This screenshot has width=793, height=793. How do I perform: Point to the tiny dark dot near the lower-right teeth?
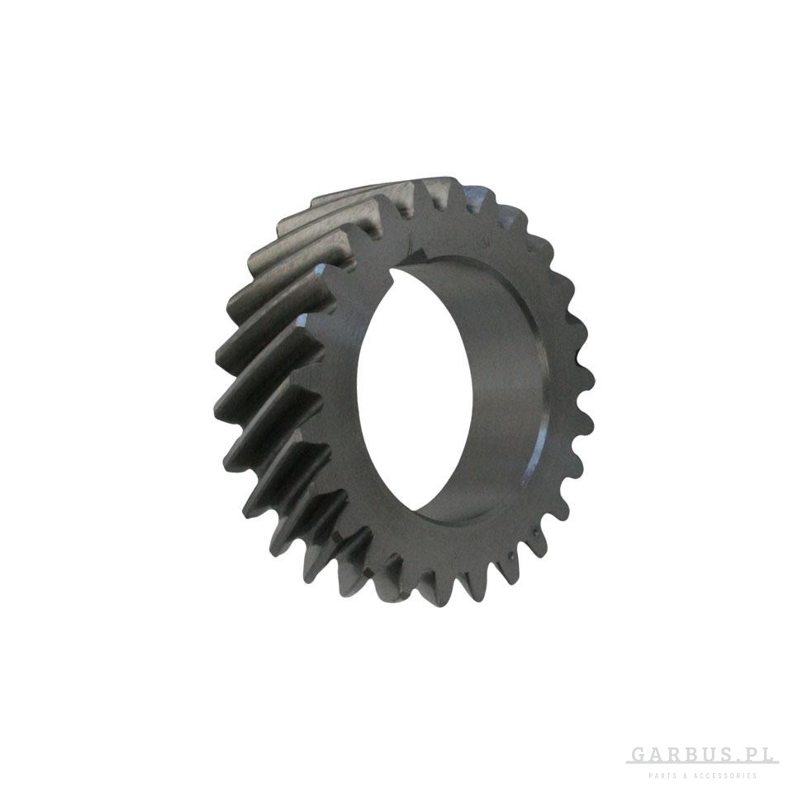pos(534,531)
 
